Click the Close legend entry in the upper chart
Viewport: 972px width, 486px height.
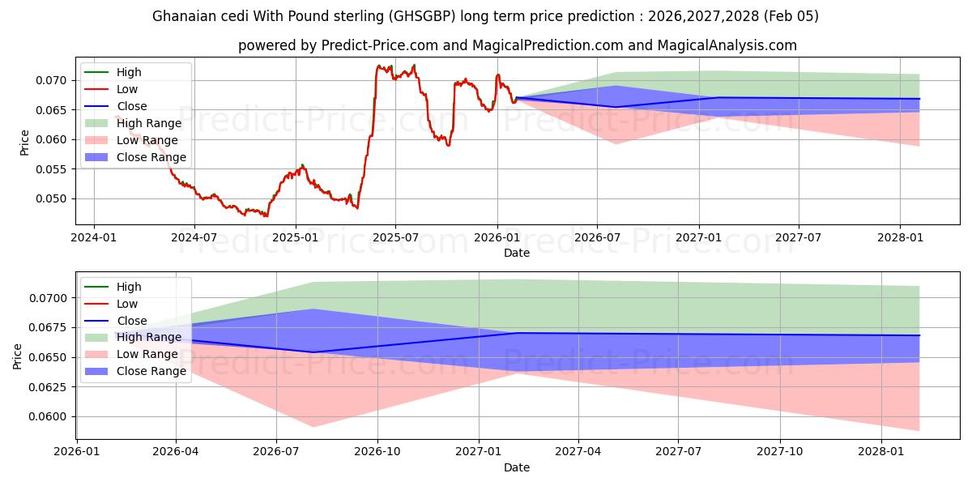coord(131,106)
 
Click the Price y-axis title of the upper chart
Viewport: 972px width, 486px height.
coord(24,143)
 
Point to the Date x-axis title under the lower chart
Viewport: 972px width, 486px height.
coord(516,467)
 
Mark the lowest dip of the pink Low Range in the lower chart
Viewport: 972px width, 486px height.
coord(313,427)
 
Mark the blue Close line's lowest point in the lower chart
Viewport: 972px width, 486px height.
coord(313,352)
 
